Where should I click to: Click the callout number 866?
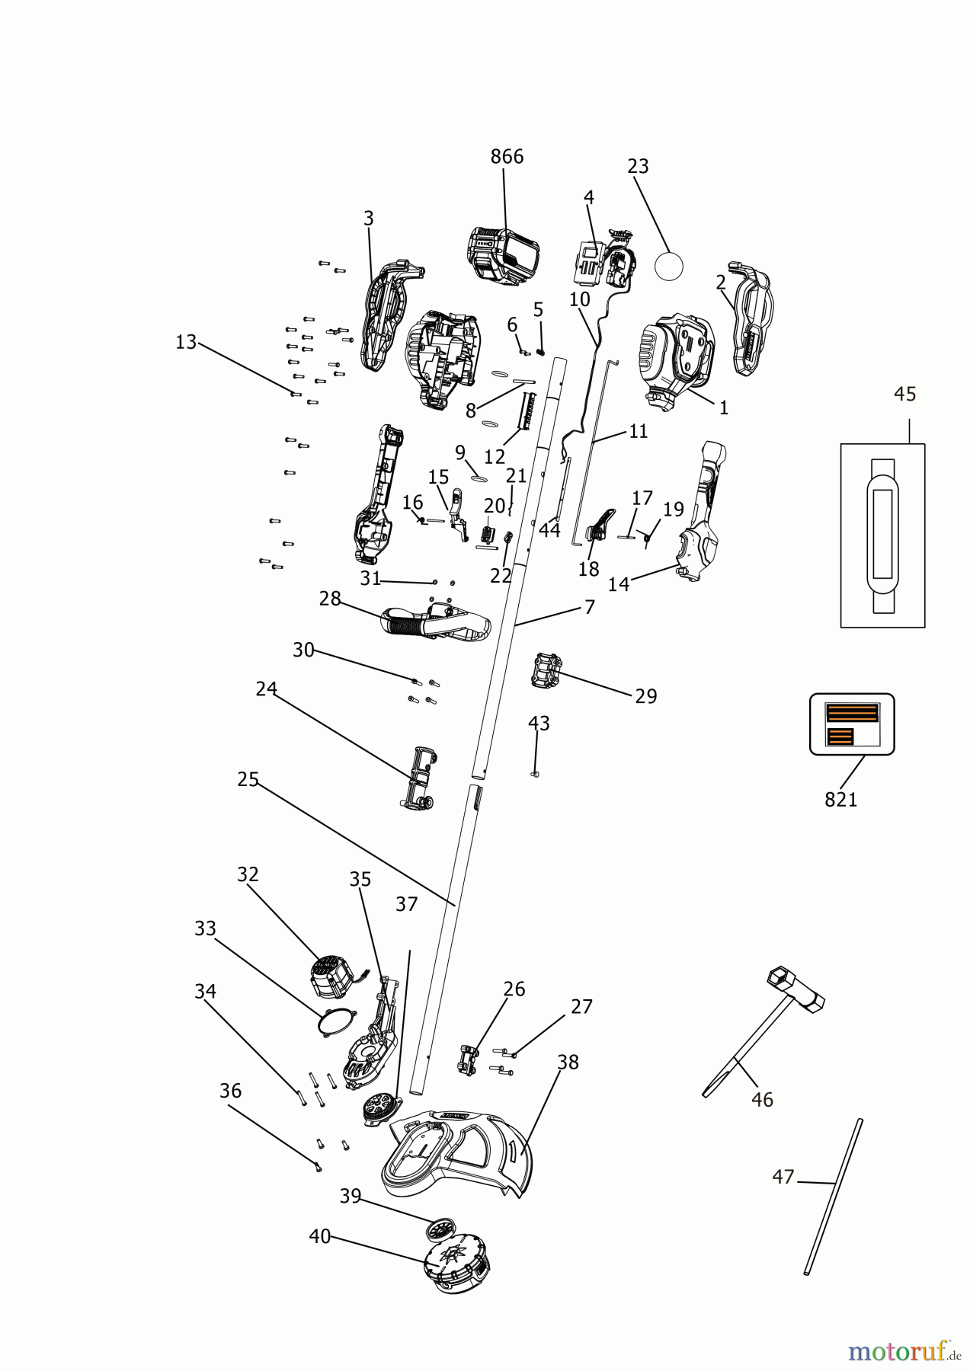click(507, 157)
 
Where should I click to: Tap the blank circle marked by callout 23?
click(669, 266)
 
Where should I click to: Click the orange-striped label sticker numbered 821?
click(852, 724)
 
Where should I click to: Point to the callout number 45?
click(904, 395)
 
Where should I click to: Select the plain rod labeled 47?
click(834, 1196)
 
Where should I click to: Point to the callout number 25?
click(248, 780)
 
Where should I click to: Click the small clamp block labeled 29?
click(546, 670)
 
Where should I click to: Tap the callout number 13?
click(186, 342)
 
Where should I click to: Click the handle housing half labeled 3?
click(386, 314)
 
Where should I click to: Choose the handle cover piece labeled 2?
click(751, 322)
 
